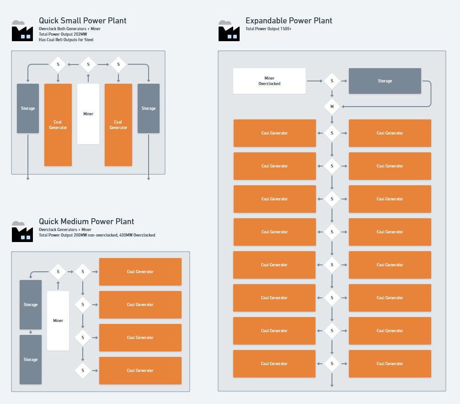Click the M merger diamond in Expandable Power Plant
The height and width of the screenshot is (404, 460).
(x=332, y=107)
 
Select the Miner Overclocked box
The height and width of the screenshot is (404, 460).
(x=269, y=81)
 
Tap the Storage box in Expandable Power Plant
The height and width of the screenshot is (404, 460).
(x=385, y=81)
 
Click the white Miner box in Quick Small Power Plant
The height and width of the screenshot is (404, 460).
(x=88, y=114)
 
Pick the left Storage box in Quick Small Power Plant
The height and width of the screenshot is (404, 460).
(x=28, y=108)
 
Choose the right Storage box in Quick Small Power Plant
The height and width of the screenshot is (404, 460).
(x=149, y=108)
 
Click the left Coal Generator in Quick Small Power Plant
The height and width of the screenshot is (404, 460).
(x=58, y=125)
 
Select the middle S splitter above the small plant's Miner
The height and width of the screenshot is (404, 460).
(x=88, y=65)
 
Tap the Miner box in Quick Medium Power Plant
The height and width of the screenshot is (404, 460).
(x=58, y=321)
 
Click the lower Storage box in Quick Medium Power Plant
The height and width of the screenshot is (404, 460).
(x=31, y=360)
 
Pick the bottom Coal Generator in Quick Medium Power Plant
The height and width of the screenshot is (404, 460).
(x=140, y=371)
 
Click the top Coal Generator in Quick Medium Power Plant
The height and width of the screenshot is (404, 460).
(x=140, y=272)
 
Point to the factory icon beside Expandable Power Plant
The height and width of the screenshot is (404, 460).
(x=229, y=31)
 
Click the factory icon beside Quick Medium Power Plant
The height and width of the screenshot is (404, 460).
(x=22, y=232)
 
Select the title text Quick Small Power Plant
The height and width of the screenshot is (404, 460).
(x=83, y=21)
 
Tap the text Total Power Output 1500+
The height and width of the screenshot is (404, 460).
(x=268, y=29)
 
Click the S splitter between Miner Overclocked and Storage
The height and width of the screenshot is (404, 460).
(x=332, y=81)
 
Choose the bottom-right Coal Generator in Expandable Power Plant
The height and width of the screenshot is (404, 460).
(x=390, y=363)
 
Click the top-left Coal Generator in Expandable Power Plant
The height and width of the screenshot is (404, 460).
(x=275, y=133)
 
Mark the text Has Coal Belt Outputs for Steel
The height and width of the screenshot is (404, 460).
(x=66, y=40)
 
